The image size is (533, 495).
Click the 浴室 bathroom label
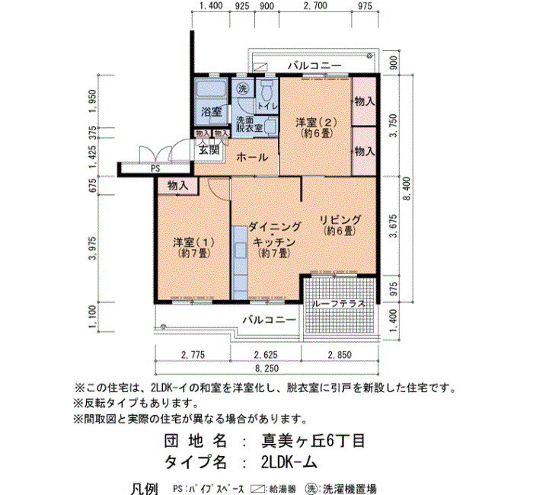point(211,111)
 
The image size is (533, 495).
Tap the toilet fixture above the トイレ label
point(266,89)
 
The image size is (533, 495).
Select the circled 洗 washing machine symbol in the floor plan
point(243,89)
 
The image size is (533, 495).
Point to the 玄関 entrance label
point(209,149)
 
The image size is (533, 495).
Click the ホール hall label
point(252,158)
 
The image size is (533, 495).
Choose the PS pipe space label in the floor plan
point(155,168)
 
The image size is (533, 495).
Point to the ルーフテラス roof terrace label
point(339,304)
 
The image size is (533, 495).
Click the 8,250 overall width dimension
point(266,368)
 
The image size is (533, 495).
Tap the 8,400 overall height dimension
point(407,189)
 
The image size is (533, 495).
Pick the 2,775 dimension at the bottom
point(193,355)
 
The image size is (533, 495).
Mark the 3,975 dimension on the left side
point(92,248)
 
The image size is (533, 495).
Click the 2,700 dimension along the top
point(315,6)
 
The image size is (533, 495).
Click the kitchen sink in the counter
point(240,251)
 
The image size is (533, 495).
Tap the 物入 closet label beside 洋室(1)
point(177,185)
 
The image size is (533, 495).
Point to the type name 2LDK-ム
point(289,462)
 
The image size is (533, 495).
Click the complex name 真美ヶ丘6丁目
point(313,441)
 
